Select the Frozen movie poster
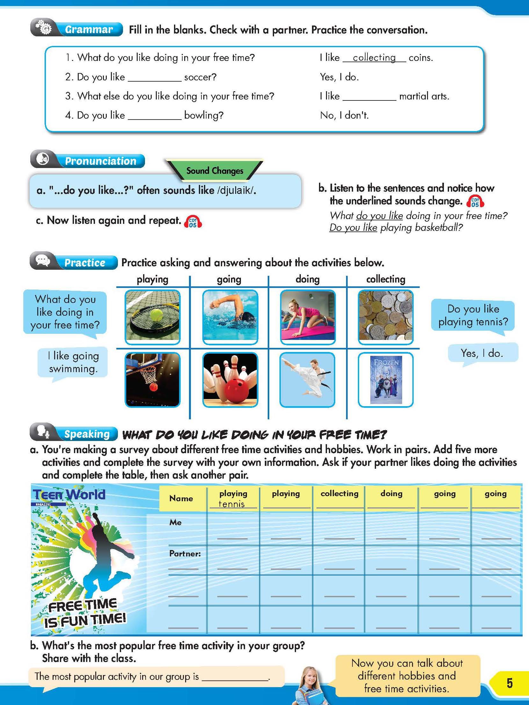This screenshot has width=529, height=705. tap(386, 379)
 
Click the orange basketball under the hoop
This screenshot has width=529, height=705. tap(153, 387)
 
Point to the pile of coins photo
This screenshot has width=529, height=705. tap(385, 317)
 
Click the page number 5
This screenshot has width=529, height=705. tap(509, 683)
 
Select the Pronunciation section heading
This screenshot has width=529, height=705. tap(100, 161)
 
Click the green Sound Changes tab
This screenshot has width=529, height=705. tap(214, 171)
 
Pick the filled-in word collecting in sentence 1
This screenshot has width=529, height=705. tap(374, 58)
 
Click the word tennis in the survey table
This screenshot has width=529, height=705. tap(232, 504)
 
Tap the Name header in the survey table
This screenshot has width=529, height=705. tap(181, 498)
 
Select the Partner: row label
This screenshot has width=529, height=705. tap(185, 554)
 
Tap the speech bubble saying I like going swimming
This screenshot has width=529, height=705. tap(73, 362)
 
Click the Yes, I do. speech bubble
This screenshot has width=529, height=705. tap(482, 353)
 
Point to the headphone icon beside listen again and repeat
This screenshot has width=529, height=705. tap(193, 221)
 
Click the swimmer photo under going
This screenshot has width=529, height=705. tap(230, 317)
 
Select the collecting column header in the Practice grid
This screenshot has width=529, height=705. tap(386, 279)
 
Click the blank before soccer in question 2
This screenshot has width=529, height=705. tap(155, 77)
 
